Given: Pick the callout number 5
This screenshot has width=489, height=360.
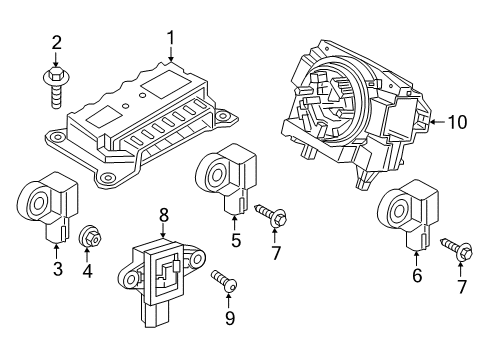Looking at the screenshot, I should [236, 239].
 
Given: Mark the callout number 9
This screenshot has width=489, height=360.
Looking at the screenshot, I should [228, 319].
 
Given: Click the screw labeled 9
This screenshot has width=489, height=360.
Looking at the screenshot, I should [224, 284].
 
